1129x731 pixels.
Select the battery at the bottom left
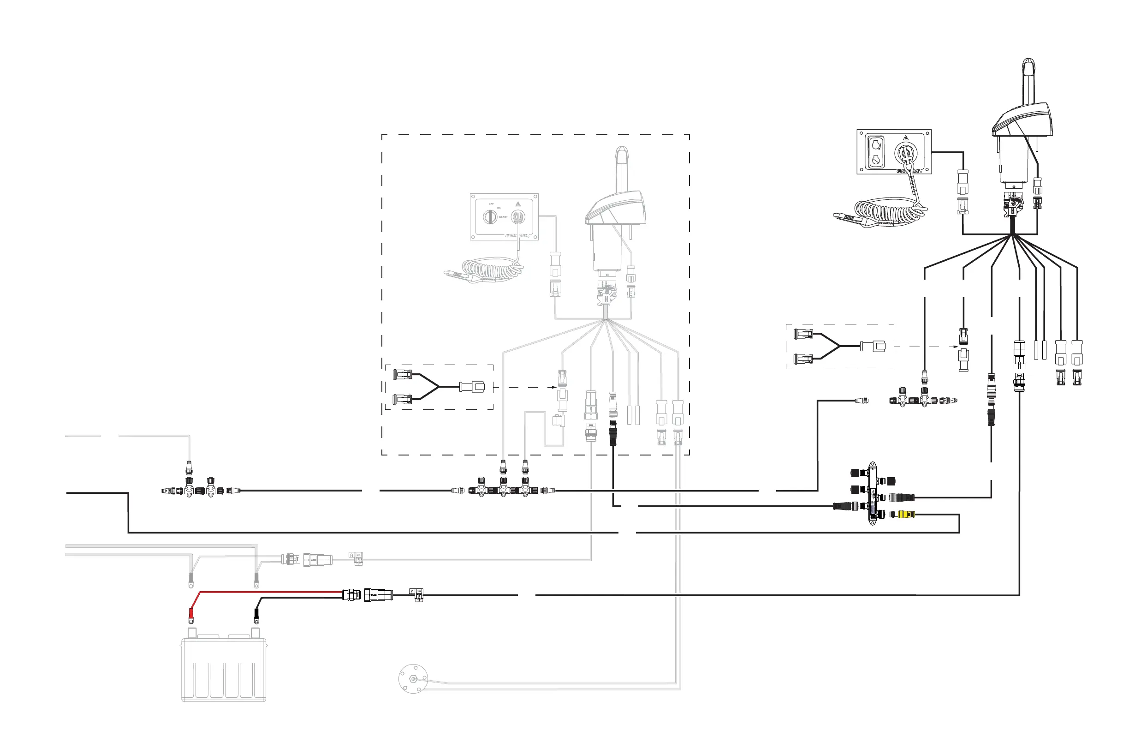[x=223, y=667]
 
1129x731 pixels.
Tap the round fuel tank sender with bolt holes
[x=413, y=678]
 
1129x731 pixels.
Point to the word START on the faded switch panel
[x=503, y=217]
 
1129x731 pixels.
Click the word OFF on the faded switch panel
[x=492, y=204]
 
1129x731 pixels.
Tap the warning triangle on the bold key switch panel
[x=906, y=138]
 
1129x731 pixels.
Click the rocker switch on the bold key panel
[x=876, y=151]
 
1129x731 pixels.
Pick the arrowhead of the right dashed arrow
[x=956, y=347]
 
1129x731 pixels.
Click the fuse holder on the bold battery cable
[x=416, y=595]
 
